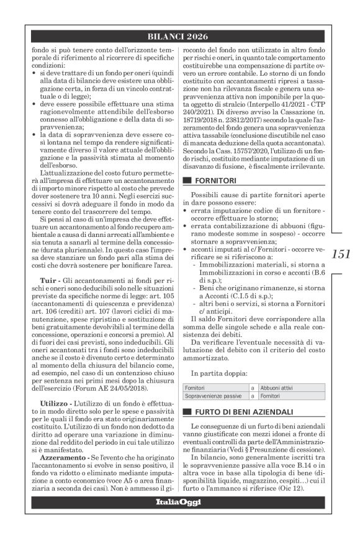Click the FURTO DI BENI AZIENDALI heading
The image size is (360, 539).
(239, 412)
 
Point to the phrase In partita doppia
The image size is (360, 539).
(217, 373)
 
